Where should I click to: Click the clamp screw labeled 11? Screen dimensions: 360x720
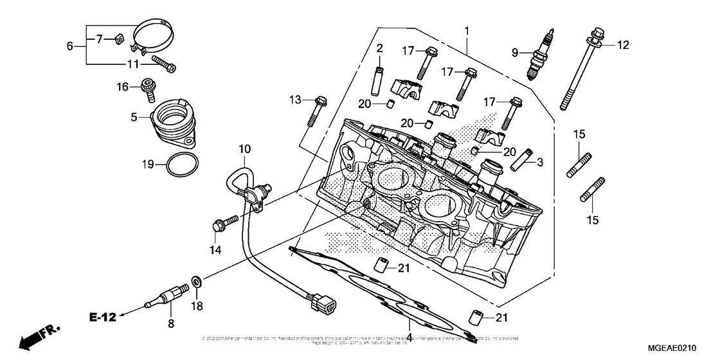(165, 64)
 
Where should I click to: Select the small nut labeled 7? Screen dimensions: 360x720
(117, 41)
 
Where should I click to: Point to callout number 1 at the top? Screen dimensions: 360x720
(467, 30)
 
